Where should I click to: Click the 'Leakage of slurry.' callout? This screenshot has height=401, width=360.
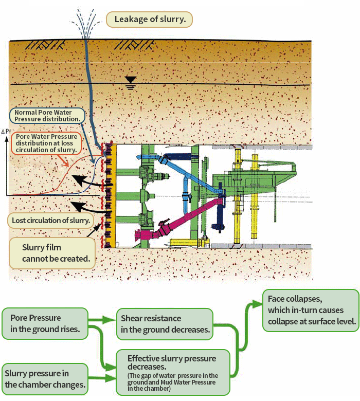click(149, 20)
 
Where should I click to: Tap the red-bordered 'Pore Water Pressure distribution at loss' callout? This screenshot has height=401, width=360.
click(46, 143)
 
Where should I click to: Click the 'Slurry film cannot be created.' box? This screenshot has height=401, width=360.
click(52, 253)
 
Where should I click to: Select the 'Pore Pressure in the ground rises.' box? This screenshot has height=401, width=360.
click(45, 323)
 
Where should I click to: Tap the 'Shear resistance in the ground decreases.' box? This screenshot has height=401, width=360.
click(165, 324)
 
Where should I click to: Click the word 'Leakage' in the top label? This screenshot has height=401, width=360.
click(131, 20)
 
